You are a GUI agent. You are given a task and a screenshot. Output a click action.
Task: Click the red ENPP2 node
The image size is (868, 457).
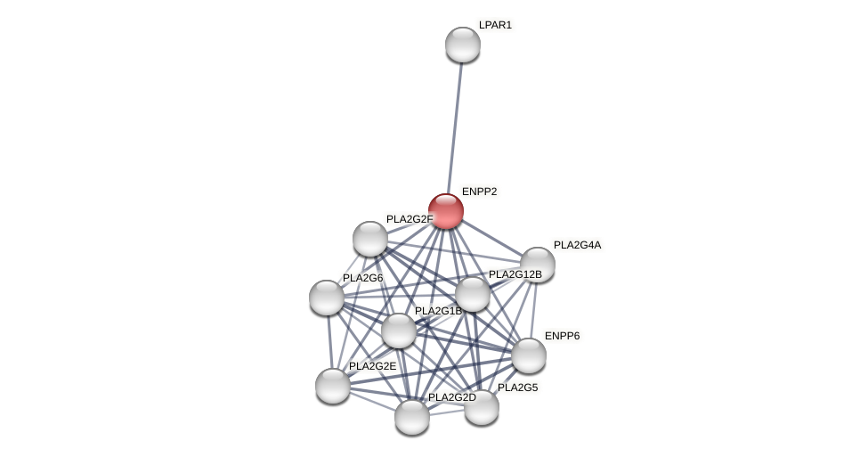[446, 211]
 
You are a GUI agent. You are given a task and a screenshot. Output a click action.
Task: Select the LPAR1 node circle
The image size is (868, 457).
[463, 45]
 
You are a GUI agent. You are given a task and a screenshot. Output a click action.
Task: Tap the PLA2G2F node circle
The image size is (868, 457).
[370, 239]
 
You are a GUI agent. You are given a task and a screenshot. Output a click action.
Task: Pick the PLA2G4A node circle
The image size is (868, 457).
[538, 265]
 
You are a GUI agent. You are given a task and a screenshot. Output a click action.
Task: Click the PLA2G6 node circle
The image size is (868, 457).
[327, 298]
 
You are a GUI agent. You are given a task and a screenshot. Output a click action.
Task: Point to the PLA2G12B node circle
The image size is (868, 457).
[473, 294]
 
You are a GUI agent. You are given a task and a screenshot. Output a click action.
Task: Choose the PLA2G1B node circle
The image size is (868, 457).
[399, 331]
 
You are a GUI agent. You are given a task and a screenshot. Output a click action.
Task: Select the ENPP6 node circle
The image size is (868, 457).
[529, 355]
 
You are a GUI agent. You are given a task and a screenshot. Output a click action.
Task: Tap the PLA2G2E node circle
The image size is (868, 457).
[333, 386]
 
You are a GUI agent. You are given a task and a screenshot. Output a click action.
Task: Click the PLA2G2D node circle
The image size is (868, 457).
[412, 417]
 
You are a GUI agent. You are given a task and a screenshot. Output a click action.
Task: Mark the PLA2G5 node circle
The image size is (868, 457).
[482, 407]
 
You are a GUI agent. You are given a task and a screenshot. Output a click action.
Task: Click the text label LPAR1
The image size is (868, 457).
[495, 25]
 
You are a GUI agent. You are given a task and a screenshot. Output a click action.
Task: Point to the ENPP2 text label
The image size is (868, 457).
[479, 192]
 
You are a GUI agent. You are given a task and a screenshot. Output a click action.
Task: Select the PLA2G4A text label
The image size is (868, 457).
[577, 245]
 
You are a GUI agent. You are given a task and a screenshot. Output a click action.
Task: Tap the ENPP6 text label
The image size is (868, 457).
[562, 336]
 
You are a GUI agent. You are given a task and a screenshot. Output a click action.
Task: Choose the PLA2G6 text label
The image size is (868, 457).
[362, 278]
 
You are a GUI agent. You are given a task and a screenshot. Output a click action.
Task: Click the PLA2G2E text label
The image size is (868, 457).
[372, 366]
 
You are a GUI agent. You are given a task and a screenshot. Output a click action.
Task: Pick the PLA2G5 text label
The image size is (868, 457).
[517, 388]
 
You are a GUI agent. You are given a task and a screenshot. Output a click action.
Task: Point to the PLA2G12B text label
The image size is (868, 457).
[515, 274]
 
